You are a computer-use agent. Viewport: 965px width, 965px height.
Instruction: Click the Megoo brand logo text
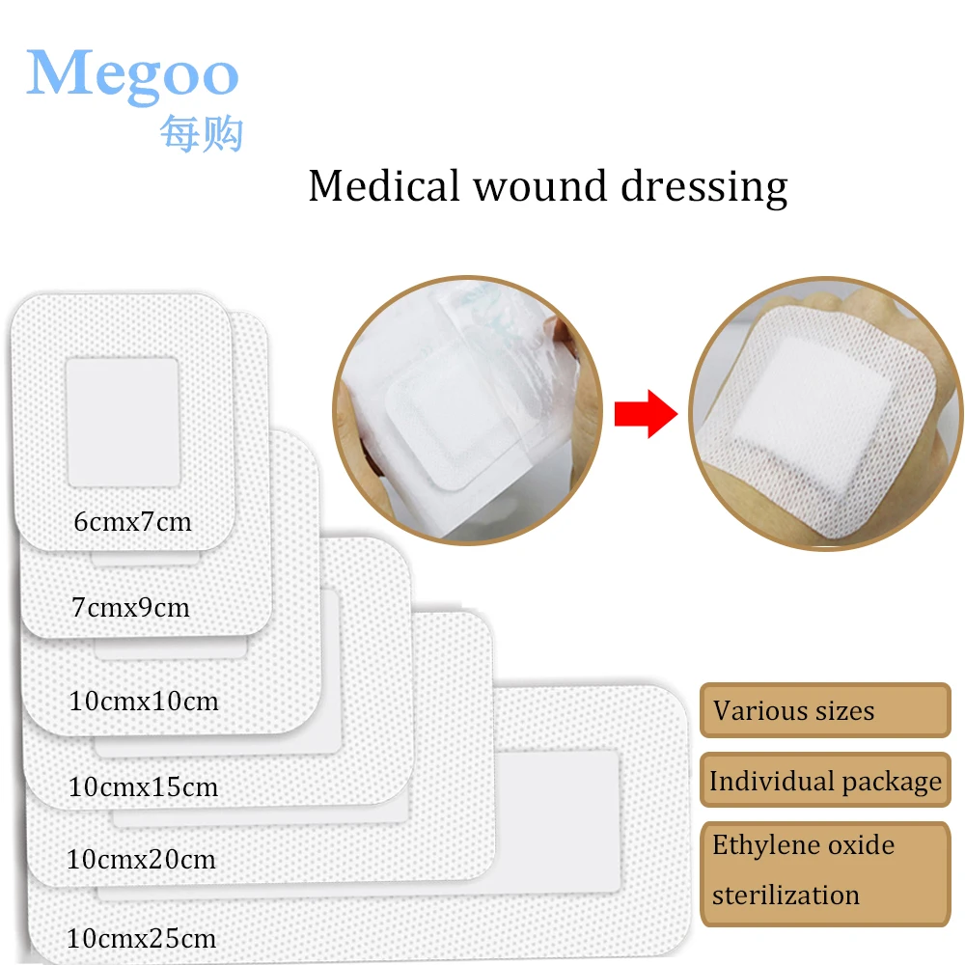(132, 73)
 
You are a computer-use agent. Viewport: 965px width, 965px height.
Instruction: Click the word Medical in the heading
(383, 185)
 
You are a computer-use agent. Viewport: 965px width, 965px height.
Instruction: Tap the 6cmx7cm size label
(132, 522)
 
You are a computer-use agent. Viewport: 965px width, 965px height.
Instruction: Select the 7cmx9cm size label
(130, 608)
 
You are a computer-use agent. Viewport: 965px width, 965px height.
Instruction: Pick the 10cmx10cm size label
(144, 701)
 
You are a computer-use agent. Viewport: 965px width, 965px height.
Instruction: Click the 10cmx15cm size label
(144, 786)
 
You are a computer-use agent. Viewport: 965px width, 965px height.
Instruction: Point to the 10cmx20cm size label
(142, 858)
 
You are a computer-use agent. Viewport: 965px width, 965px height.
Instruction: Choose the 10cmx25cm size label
(142, 937)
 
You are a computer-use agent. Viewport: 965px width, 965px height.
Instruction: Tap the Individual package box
(824, 781)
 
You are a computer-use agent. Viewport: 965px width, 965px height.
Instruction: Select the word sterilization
(786, 895)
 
